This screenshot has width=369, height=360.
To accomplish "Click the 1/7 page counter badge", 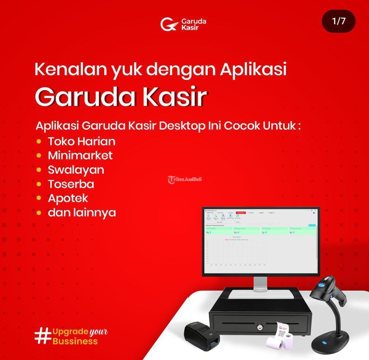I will [339, 21].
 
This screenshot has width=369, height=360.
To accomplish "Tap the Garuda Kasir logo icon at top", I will [169, 24].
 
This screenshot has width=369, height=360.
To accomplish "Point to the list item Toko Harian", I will [82, 141].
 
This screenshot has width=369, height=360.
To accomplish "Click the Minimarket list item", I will [80, 155].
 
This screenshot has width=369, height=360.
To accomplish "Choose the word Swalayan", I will [76, 170].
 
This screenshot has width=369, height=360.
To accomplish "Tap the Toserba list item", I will [71, 184].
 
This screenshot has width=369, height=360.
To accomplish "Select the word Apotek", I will [68, 198].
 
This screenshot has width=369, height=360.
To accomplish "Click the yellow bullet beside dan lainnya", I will [39, 213].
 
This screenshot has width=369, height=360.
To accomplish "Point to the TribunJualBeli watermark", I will [184, 179].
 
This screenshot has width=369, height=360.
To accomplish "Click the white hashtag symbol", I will [43, 336].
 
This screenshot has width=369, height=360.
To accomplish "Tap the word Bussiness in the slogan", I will [75, 341].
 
